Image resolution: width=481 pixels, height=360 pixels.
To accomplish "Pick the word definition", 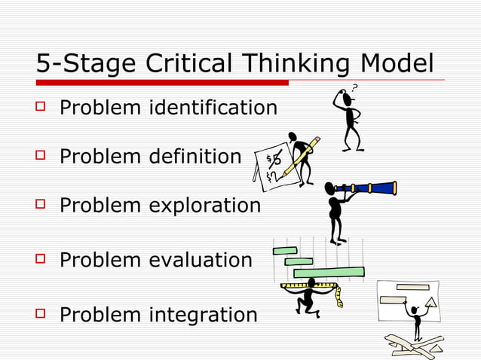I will [x=195, y=157].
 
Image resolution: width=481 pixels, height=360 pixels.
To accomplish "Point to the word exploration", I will [x=204, y=205].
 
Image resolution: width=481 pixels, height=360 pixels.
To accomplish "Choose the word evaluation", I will [x=200, y=261].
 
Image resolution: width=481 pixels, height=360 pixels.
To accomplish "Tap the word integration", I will [x=202, y=314].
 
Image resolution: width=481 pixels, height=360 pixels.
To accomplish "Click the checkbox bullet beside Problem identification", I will [x=42, y=108].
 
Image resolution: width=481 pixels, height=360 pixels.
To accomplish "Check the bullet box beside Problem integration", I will [x=42, y=313].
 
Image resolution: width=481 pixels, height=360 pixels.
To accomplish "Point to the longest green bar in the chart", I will [x=329, y=272].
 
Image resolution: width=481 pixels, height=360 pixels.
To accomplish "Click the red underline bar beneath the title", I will [x=162, y=82].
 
